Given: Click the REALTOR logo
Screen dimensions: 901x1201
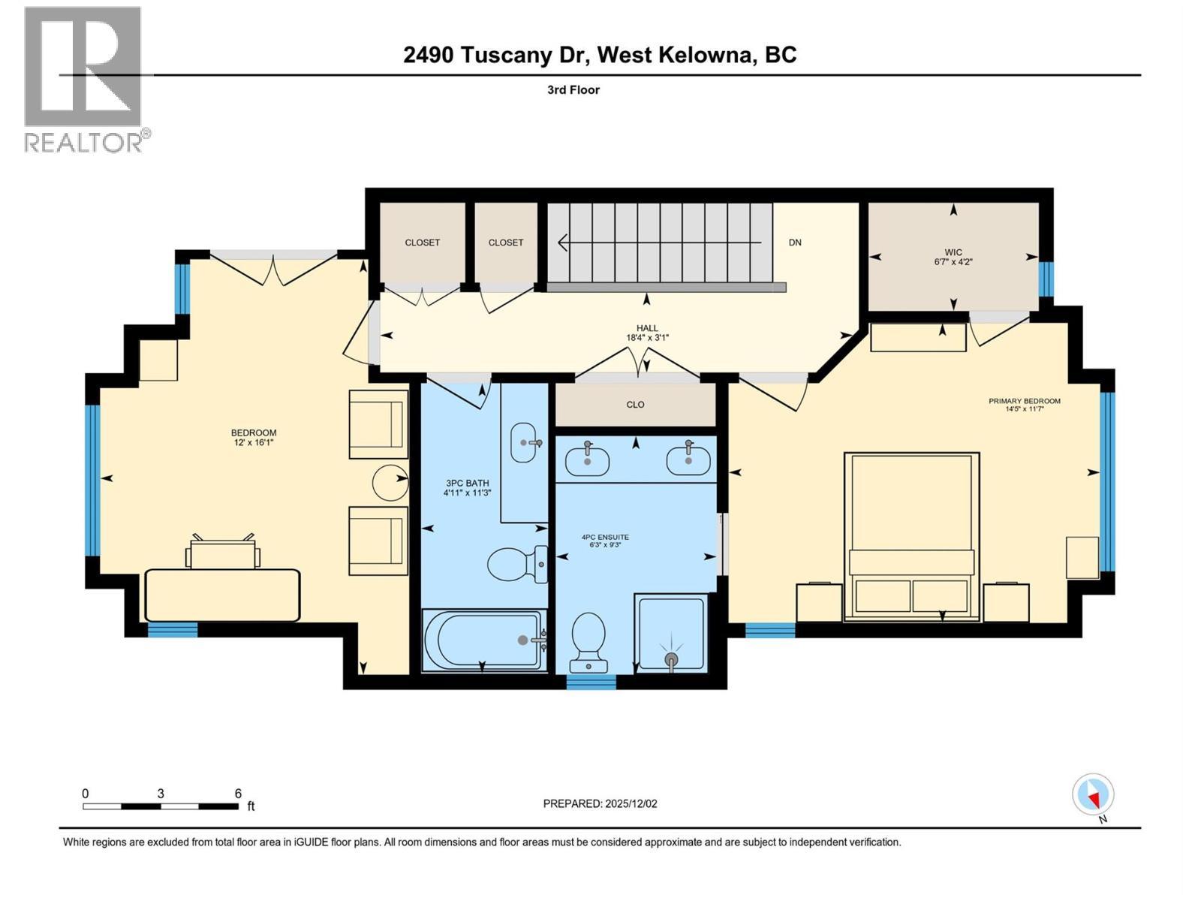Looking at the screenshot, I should coord(83,79).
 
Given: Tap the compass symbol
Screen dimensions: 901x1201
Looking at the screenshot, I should coord(1093,795).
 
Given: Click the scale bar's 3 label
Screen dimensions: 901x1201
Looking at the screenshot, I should coord(161,794).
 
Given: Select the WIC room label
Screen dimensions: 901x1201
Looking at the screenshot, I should coord(953,252).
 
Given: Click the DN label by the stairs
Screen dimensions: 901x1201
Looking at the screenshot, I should coord(795,243).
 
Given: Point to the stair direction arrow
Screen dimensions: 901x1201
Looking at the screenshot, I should coord(661,243).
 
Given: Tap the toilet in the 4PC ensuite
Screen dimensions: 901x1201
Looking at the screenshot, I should coord(588,642).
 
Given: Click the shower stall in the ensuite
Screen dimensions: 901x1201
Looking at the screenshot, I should coord(670,632).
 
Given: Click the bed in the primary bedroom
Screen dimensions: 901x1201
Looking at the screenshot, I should coord(911,536).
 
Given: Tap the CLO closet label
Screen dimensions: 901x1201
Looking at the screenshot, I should coord(635,405).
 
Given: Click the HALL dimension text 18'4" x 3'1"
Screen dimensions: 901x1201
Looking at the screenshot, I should coord(647,338).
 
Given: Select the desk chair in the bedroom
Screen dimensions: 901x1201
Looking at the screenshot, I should coord(223,553).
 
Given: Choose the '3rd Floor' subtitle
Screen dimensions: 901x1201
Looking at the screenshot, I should coord(573,90).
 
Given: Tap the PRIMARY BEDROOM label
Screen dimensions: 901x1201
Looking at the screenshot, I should coord(1024,401).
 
